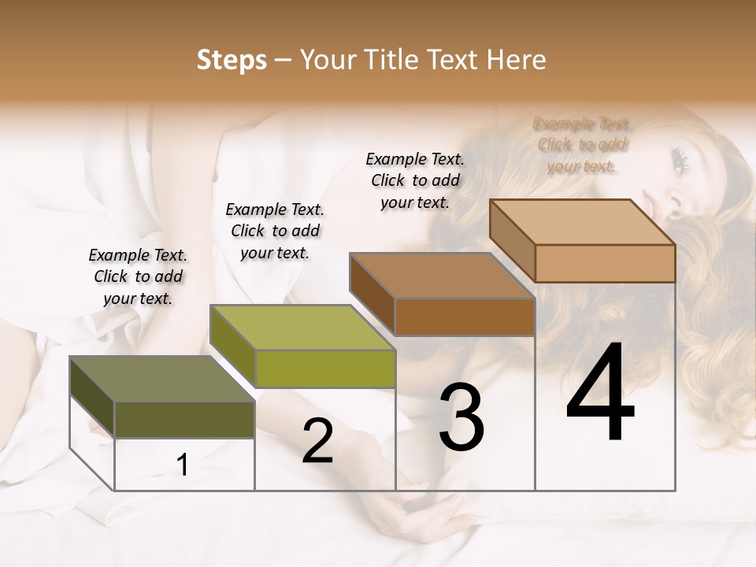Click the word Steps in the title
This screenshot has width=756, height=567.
232,60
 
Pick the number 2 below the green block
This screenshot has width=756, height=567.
317,441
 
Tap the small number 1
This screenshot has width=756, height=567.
183,465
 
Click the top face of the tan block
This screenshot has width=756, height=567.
583,221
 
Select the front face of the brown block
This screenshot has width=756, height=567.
465,317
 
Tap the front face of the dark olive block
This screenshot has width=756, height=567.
184,419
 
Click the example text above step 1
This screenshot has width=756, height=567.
138,276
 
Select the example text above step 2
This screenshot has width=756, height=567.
275,231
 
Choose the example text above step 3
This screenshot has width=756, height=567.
415,180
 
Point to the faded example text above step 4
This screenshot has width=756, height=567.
582,145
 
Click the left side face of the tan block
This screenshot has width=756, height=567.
512,240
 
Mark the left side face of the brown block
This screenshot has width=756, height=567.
372,293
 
